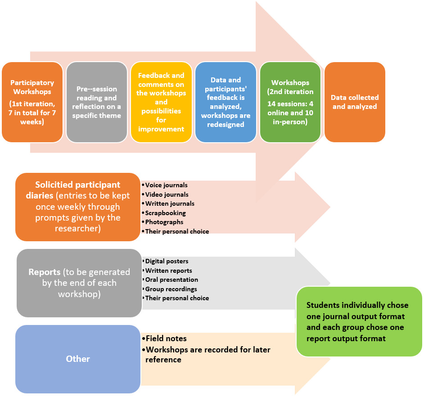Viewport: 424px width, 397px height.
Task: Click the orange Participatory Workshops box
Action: pyautogui.click(x=32, y=102)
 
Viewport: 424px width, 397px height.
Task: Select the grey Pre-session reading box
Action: pyautogui.click(x=96, y=102)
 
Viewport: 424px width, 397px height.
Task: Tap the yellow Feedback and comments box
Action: pyautogui.click(x=161, y=102)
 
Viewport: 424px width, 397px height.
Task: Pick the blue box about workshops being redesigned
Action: pyautogui.click(x=226, y=102)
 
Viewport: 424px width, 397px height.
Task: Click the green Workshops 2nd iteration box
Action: pyautogui.click(x=290, y=102)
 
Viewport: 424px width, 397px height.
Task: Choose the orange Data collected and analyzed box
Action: pyautogui.click(x=355, y=102)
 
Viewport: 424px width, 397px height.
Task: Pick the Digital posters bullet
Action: pyautogui.click(x=167, y=261)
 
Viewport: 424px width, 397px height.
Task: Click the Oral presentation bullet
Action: pyautogui.click(x=171, y=280)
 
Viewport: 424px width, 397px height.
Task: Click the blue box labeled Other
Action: pyautogui.click(x=78, y=359)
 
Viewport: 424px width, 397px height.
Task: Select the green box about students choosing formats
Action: pyautogui.click(x=359, y=321)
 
